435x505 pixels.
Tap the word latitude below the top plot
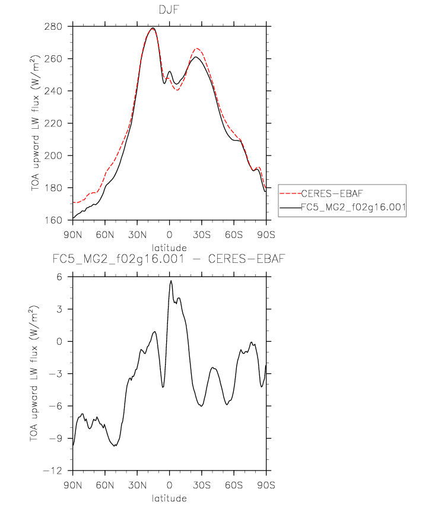[x=169, y=247]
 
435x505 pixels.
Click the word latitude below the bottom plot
[x=169, y=498]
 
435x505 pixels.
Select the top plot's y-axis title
[x=36, y=123]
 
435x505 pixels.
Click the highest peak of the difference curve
[x=171, y=281]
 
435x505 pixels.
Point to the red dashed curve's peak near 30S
[x=196, y=49]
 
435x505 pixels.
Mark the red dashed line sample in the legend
[x=290, y=193]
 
